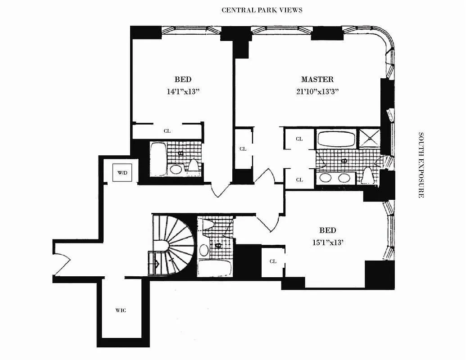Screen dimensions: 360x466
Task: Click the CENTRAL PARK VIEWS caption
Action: click(262, 10)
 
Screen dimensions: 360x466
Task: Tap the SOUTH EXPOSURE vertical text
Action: click(421, 165)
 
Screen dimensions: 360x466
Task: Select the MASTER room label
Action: click(317, 80)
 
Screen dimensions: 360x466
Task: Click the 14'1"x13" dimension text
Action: click(183, 91)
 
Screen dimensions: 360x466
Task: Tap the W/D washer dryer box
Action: click(122, 172)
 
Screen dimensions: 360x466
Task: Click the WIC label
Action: click(121, 310)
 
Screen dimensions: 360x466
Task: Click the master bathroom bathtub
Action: click(336, 139)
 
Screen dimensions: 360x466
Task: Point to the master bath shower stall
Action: click(370, 138)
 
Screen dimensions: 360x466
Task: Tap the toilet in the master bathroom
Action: click(368, 176)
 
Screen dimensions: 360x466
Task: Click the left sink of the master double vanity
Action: click(326, 178)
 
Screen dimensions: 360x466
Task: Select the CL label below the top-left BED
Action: click(167, 131)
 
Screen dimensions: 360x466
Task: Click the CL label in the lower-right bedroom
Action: click(273, 261)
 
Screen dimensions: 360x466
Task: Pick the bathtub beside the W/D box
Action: click(158, 158)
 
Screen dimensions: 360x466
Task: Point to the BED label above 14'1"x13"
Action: click(183, 80)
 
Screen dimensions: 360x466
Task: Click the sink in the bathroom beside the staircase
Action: click(204, 250)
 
